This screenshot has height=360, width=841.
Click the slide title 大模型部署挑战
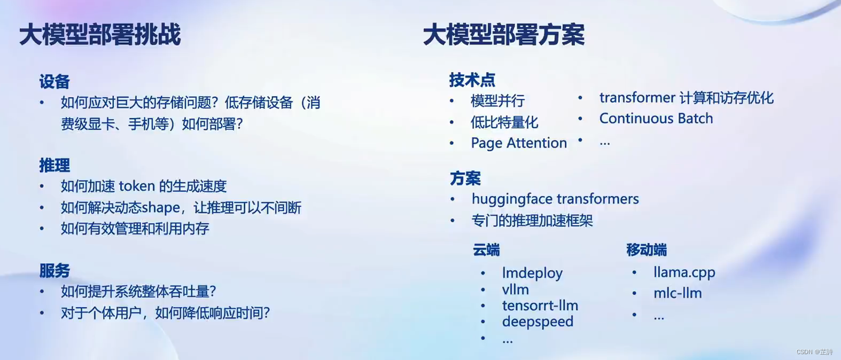point(100,35)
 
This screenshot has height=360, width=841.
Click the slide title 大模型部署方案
point(503,35)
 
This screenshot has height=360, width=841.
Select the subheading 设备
point(54,82)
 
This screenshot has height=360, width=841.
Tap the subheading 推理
point(54,166)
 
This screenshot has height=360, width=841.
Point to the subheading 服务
point(54,271)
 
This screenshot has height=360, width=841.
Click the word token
point(136,186)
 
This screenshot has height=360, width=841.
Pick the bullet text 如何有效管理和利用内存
point(135,229)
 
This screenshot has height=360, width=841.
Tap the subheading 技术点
point(472,80)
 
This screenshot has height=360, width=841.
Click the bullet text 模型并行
point(497,101)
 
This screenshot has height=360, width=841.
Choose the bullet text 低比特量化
point(504,122)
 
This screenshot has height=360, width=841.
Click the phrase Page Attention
point(518,143)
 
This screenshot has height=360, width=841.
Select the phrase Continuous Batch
point(656,119)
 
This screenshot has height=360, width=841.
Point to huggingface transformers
point(555,199)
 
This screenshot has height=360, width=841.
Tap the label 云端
point(486,250)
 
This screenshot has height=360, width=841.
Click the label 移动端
point(647,250)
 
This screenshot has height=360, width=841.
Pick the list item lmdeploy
point(532,273)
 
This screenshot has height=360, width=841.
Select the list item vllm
point(515,289)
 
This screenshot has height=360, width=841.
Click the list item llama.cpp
point(684,272)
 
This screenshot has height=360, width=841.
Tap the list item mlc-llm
point(678,293)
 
